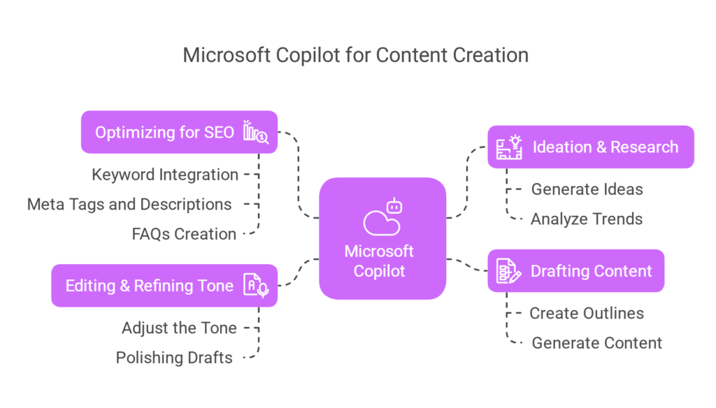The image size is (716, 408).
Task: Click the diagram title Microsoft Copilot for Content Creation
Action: tap(355, 55)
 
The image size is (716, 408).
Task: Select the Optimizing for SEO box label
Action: tap(164, 132)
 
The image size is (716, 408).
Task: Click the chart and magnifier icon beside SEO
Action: tap(255, 132)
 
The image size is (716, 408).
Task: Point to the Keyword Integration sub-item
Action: tap(165, 175)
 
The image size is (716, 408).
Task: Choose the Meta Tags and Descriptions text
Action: tap(129, 205)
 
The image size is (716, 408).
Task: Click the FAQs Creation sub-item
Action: tap(184, 234)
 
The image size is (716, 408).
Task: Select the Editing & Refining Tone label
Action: tap(149, 285)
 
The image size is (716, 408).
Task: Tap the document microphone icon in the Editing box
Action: tap(255, 285)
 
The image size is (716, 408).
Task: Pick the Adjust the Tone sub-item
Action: tap(179, 328)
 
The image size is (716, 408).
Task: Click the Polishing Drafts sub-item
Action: tap(174, 358)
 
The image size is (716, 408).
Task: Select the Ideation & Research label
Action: tap(606, 147)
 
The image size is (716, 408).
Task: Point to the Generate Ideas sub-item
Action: tap(587, 189)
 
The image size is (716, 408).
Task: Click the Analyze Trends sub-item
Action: tap(587, 219)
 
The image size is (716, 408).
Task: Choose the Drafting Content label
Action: tap(591, 271)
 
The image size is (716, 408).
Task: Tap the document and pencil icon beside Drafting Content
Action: tap(508, 271)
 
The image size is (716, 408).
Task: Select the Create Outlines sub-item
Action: tap(586, 313)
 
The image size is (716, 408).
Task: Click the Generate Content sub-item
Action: tap(596, 343)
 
